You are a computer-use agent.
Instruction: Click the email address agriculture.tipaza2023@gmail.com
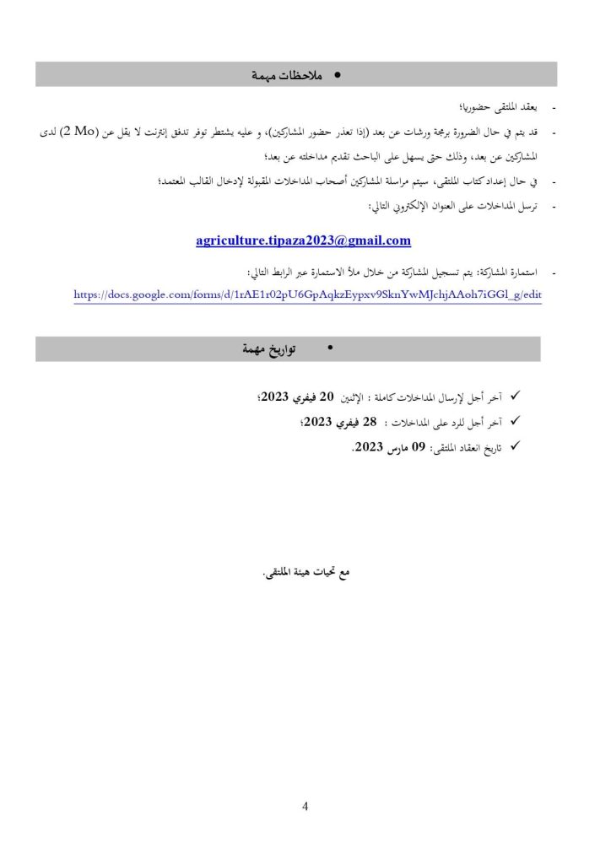tap(303, 240)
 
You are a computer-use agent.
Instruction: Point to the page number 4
tap(305, 807)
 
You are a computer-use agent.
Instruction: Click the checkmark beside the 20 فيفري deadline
tap(516, 396)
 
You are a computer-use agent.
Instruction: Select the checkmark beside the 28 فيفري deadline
tap(516, 421)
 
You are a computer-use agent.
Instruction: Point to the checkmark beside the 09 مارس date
tap(516, 446)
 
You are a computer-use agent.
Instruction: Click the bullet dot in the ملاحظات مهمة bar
tap(338, 75)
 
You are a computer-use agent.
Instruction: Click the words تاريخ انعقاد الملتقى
tap(468, 448)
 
